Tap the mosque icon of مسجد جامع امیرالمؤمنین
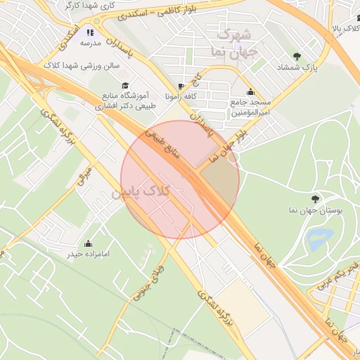click(x=251, y=92)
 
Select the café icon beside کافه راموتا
click(x=183, y=86)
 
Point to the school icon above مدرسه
click(x=90, y=32)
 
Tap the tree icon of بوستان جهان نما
click(x=314, y=200)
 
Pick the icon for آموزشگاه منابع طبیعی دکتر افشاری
click(x=99, y=90)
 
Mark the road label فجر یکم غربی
click(x=345, y=274)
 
